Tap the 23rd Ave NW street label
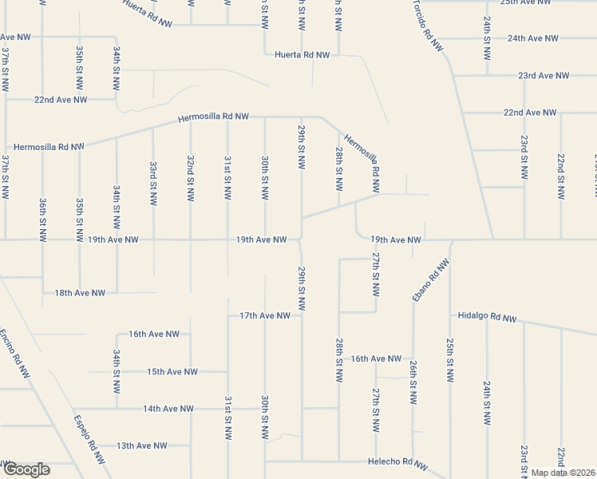point(543,76)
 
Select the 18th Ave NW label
point(80,293)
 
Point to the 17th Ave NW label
point(265,316)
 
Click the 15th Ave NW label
point(172,371)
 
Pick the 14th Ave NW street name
point(168,409)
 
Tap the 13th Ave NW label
point(142,445)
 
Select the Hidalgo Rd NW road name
point(488,317)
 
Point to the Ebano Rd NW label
point(427,278)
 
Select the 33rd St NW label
point(152,181)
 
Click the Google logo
point(26,469)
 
